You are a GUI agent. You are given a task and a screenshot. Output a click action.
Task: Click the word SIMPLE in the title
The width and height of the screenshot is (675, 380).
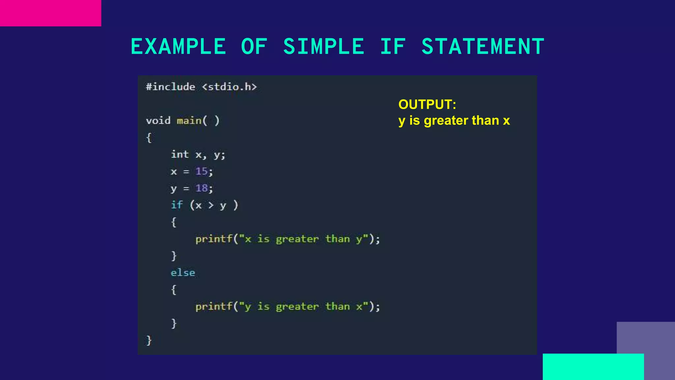tap(324, 47)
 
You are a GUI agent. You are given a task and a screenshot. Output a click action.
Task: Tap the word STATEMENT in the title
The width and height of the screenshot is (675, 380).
tap(483, 47)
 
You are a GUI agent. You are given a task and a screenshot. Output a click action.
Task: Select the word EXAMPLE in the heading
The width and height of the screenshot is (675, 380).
tap(178, 47)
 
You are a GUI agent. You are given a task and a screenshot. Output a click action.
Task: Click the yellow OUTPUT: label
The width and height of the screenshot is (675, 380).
tap(427, 105)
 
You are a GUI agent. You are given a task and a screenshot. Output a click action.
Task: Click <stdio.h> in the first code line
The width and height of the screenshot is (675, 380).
tap(229, 87)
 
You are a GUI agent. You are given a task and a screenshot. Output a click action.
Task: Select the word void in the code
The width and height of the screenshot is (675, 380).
tap(158, 121)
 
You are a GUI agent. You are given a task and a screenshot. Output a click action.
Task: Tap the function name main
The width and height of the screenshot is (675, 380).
tap(189, 121)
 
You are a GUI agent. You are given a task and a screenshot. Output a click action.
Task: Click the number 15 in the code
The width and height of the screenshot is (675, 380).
tap(201, 171)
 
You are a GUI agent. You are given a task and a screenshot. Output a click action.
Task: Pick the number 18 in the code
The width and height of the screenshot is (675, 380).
tap(201, 188)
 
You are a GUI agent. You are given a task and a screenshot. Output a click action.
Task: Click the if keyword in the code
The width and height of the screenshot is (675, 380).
tap(177, 205)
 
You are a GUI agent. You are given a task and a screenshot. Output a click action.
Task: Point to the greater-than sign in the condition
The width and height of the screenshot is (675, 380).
tap(211, 206)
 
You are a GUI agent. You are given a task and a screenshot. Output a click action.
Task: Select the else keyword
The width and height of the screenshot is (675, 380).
tap(183, 273)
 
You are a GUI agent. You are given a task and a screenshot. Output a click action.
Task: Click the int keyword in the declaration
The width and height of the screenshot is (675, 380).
tap(180, 154)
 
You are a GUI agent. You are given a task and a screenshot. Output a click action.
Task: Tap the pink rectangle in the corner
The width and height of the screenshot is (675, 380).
tap(50, 13)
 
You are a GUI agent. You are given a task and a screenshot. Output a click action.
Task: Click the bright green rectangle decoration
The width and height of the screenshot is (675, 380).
tap(593, 367)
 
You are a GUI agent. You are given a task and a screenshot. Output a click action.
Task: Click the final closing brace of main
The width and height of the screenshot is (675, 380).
tap(149, 340)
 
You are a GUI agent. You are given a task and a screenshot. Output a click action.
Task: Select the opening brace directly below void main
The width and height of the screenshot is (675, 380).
tap(149, 138)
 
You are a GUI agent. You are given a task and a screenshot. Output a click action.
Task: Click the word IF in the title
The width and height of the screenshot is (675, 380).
tap(393, 47)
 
